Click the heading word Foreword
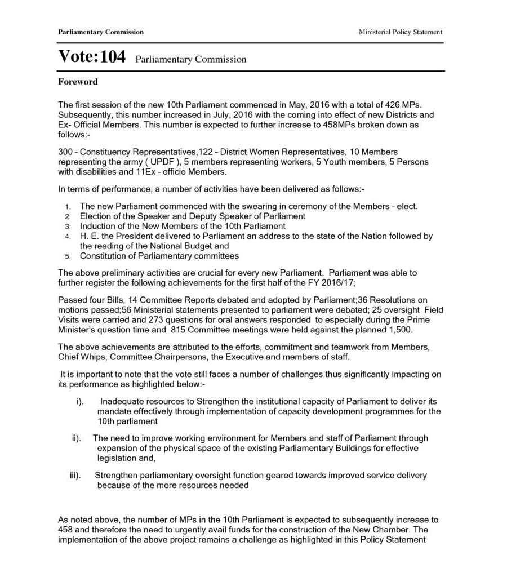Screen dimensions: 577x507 (x=78, y=82)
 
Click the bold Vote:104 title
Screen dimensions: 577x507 (x=92, y=57)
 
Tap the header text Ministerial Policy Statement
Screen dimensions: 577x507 (x=400, y=32)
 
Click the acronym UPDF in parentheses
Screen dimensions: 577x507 (x=163, y=162)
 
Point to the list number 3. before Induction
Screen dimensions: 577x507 (x=68, y=227)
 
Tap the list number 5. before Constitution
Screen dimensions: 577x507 (x=68, y=257)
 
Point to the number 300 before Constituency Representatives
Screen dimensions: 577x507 (x=65, y=152)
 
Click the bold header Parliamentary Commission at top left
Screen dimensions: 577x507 (x=100, y=32)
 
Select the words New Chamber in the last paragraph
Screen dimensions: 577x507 (x=390, y=530)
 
